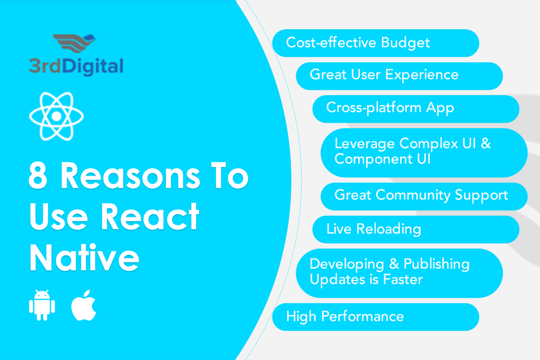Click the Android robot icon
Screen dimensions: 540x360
[42, 305]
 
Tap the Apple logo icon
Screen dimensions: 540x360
[84, 305]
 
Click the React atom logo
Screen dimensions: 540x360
[56, 116]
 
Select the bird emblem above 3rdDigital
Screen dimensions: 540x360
[74, 43]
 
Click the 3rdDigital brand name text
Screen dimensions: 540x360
[76, 66]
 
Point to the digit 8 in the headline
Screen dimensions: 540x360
[38, 176]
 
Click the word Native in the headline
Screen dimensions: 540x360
[84, 257]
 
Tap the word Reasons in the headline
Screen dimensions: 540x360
[130, 176]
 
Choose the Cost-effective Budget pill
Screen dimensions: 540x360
[375, 43]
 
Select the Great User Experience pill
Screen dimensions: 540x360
[399, 76]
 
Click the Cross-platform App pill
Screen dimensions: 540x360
[416, 109]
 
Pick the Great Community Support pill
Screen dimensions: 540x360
[424, 196]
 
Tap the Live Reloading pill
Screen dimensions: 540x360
[416, 229]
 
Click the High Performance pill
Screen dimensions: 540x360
[375, 317]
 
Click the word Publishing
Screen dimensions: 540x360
[437, 265]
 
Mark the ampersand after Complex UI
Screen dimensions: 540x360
[486, 143]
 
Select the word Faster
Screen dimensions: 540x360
[403, 279]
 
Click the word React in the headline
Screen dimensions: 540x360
[150, 216]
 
